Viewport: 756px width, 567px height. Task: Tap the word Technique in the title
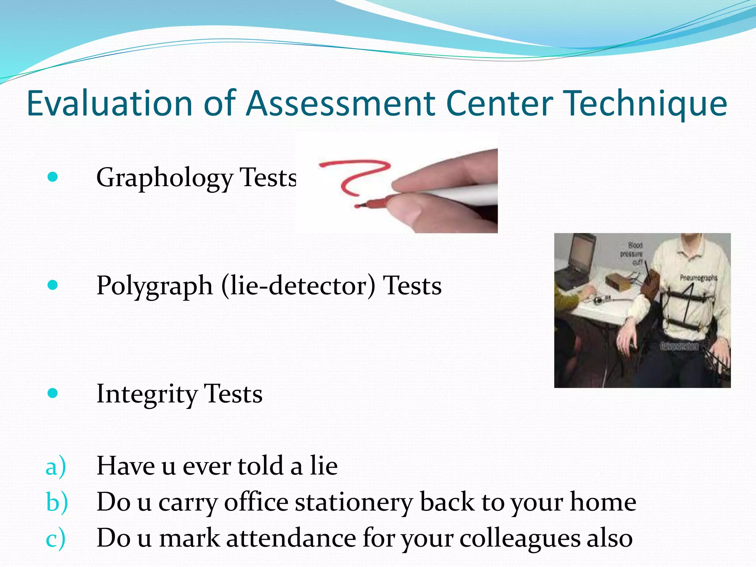coord(646,104)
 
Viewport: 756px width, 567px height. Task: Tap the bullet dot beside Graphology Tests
coord(53,177)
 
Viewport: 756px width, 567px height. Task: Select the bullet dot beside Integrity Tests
coord(53,393)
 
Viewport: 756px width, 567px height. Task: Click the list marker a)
coord(56,466)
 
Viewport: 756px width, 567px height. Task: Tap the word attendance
coord(291,538)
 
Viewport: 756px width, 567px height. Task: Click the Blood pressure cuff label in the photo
coord(632,254)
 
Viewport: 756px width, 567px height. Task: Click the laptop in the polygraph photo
coord(578,262)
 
